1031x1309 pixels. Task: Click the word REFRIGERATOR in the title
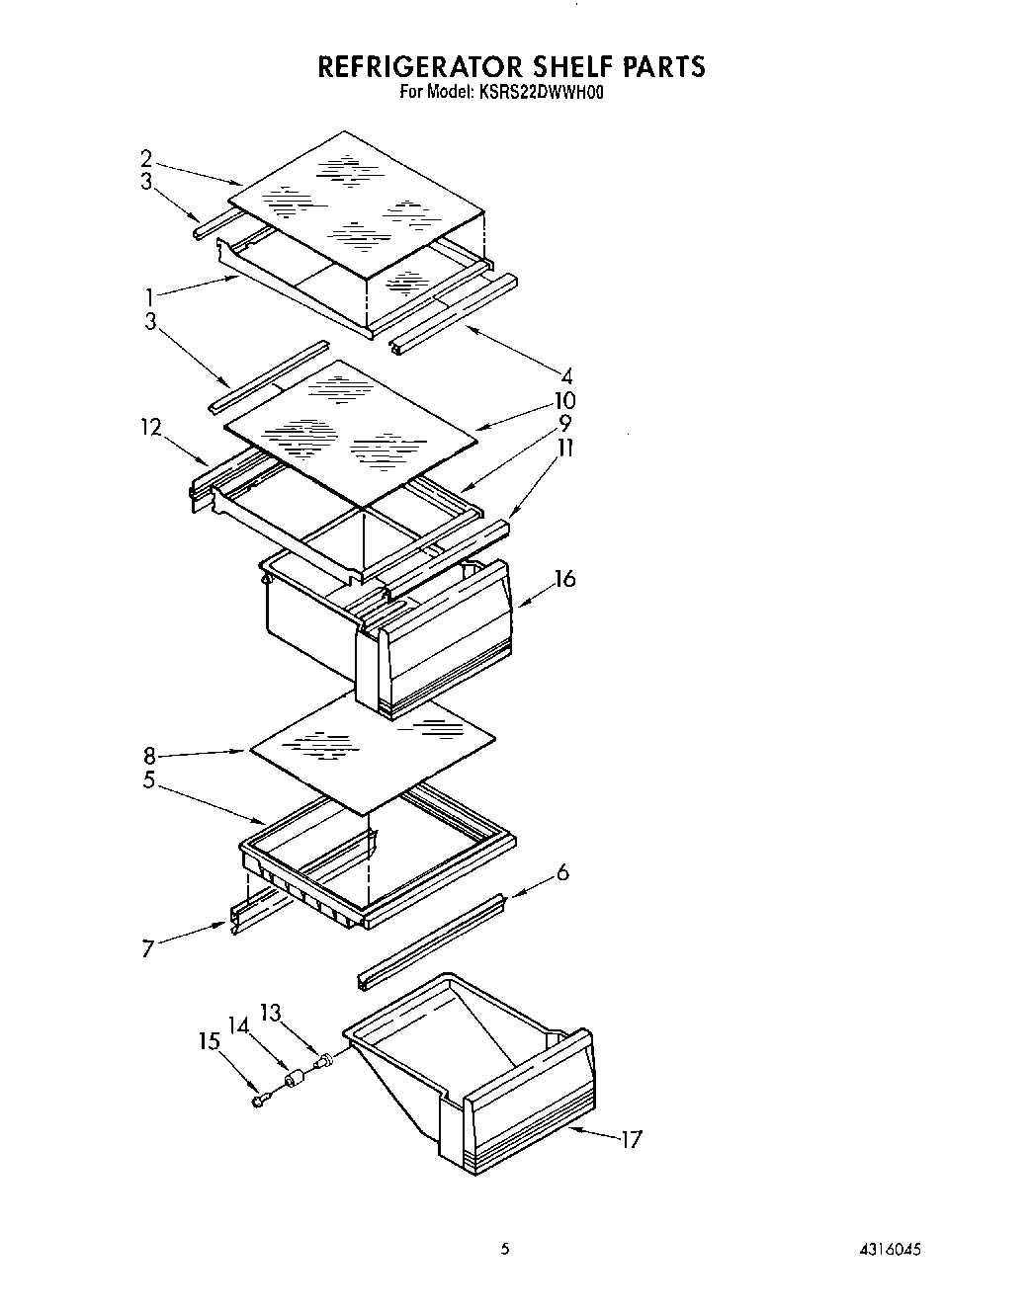420,66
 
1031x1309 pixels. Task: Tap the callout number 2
146,158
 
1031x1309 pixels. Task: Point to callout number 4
567,375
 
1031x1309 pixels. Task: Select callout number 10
565,401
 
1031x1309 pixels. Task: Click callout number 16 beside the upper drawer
564,578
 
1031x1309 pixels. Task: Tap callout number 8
149,757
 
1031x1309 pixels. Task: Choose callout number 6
562,872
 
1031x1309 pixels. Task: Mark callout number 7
147,949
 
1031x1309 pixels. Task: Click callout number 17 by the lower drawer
631,1139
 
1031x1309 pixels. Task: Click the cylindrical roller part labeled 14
293,1081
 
